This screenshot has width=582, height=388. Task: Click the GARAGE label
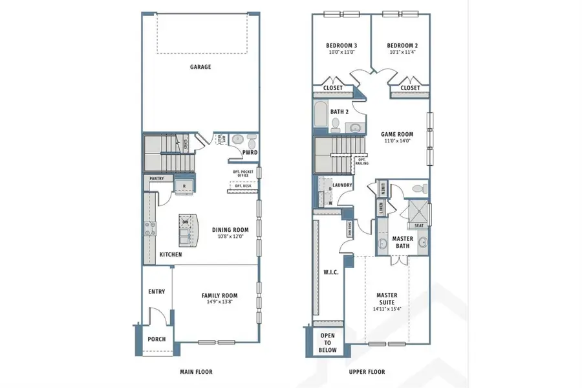(200, 67)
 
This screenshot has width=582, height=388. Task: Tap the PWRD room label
(250, 154)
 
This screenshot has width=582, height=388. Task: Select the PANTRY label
(156, 178)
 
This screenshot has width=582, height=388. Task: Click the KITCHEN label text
(171, 255)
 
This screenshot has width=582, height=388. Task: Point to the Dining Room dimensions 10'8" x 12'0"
(230, 236)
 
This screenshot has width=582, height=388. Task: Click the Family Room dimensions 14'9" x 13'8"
(221, 301)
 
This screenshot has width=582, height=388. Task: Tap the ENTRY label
(156, 291)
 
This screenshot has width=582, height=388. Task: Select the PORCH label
(156, 339)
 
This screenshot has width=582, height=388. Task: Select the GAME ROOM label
(398, 134)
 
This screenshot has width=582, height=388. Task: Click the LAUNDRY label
(342, 185)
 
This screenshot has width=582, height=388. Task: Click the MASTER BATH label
(403, 242)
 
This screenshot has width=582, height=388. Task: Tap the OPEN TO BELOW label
(329, 342)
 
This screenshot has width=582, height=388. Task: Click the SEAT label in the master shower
(419, 225)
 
